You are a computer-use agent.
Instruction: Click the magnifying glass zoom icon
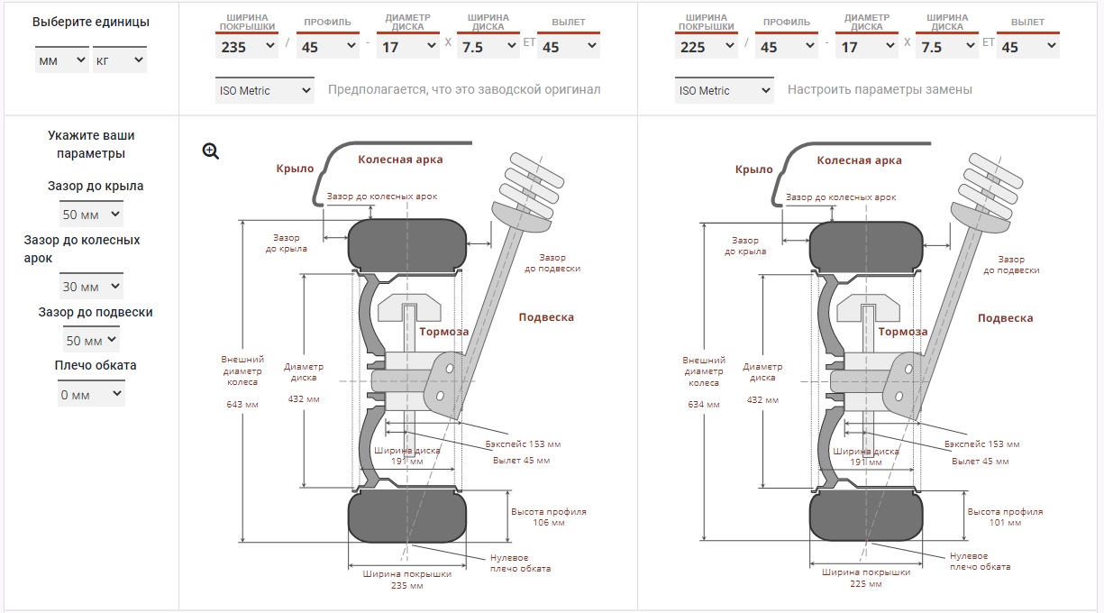click(211, 151)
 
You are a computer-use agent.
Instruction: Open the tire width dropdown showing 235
click(247, 46)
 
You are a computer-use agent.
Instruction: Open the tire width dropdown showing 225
click(707, 46)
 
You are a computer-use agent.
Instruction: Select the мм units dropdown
click(61, 60)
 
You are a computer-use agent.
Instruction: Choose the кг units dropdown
click(119, 60)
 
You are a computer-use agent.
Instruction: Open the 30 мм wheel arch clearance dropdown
click(91, 286)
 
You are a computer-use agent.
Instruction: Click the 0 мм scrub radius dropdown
click(91, 394)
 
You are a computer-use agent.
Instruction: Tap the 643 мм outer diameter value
click(242, 405)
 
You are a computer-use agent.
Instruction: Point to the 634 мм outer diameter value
click(703, 405)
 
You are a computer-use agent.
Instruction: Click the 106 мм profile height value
click(549, 522)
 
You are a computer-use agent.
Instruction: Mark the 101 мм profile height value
click(1005, 522)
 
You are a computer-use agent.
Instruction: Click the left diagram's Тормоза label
click(443, 332)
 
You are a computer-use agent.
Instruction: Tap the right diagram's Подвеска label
click(1005, 318)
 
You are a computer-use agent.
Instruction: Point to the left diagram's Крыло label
click(295, 169)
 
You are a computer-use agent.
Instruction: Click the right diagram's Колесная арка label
click(859, 160)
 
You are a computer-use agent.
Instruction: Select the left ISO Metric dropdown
click(265, 90)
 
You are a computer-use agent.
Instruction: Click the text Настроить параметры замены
click(880, 90)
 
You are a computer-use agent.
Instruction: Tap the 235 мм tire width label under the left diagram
click(406, 586)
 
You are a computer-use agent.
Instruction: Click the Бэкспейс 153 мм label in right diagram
click(981, 444)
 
